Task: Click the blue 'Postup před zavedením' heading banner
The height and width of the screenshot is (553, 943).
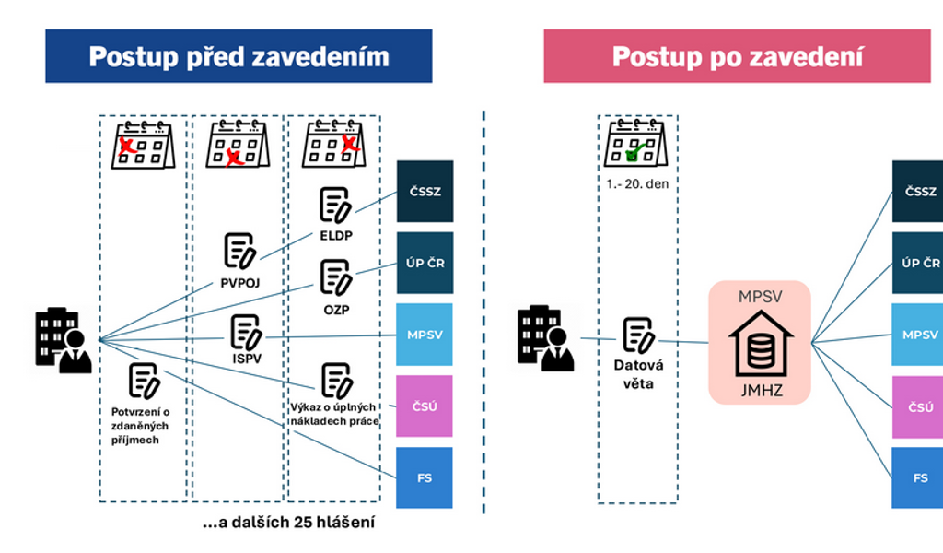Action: [x=239, y=56]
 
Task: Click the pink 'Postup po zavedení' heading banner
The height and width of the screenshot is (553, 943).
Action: [x=737, y=56]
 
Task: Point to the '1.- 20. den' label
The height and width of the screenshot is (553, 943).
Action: [x=637, y=183]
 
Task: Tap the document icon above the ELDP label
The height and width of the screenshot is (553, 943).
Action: [x=335, y=206]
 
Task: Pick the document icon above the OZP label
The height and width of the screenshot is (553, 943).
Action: [x=335, y=276]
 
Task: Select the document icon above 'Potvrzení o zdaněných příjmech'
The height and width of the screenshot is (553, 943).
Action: [x=145, y=380]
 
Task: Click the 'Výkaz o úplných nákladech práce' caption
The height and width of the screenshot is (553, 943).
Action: [x=334, y=414]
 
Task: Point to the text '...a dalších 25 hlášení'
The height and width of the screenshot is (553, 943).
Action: [x=288, y=524]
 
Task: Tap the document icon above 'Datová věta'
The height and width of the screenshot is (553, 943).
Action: [x=638, y=335]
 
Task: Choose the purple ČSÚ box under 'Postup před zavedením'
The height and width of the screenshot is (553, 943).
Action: [x=425, y=406]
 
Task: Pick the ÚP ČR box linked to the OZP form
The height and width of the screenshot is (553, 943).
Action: [x=425, y=263]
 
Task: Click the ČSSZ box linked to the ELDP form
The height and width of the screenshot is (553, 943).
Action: [x=425, y=191]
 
